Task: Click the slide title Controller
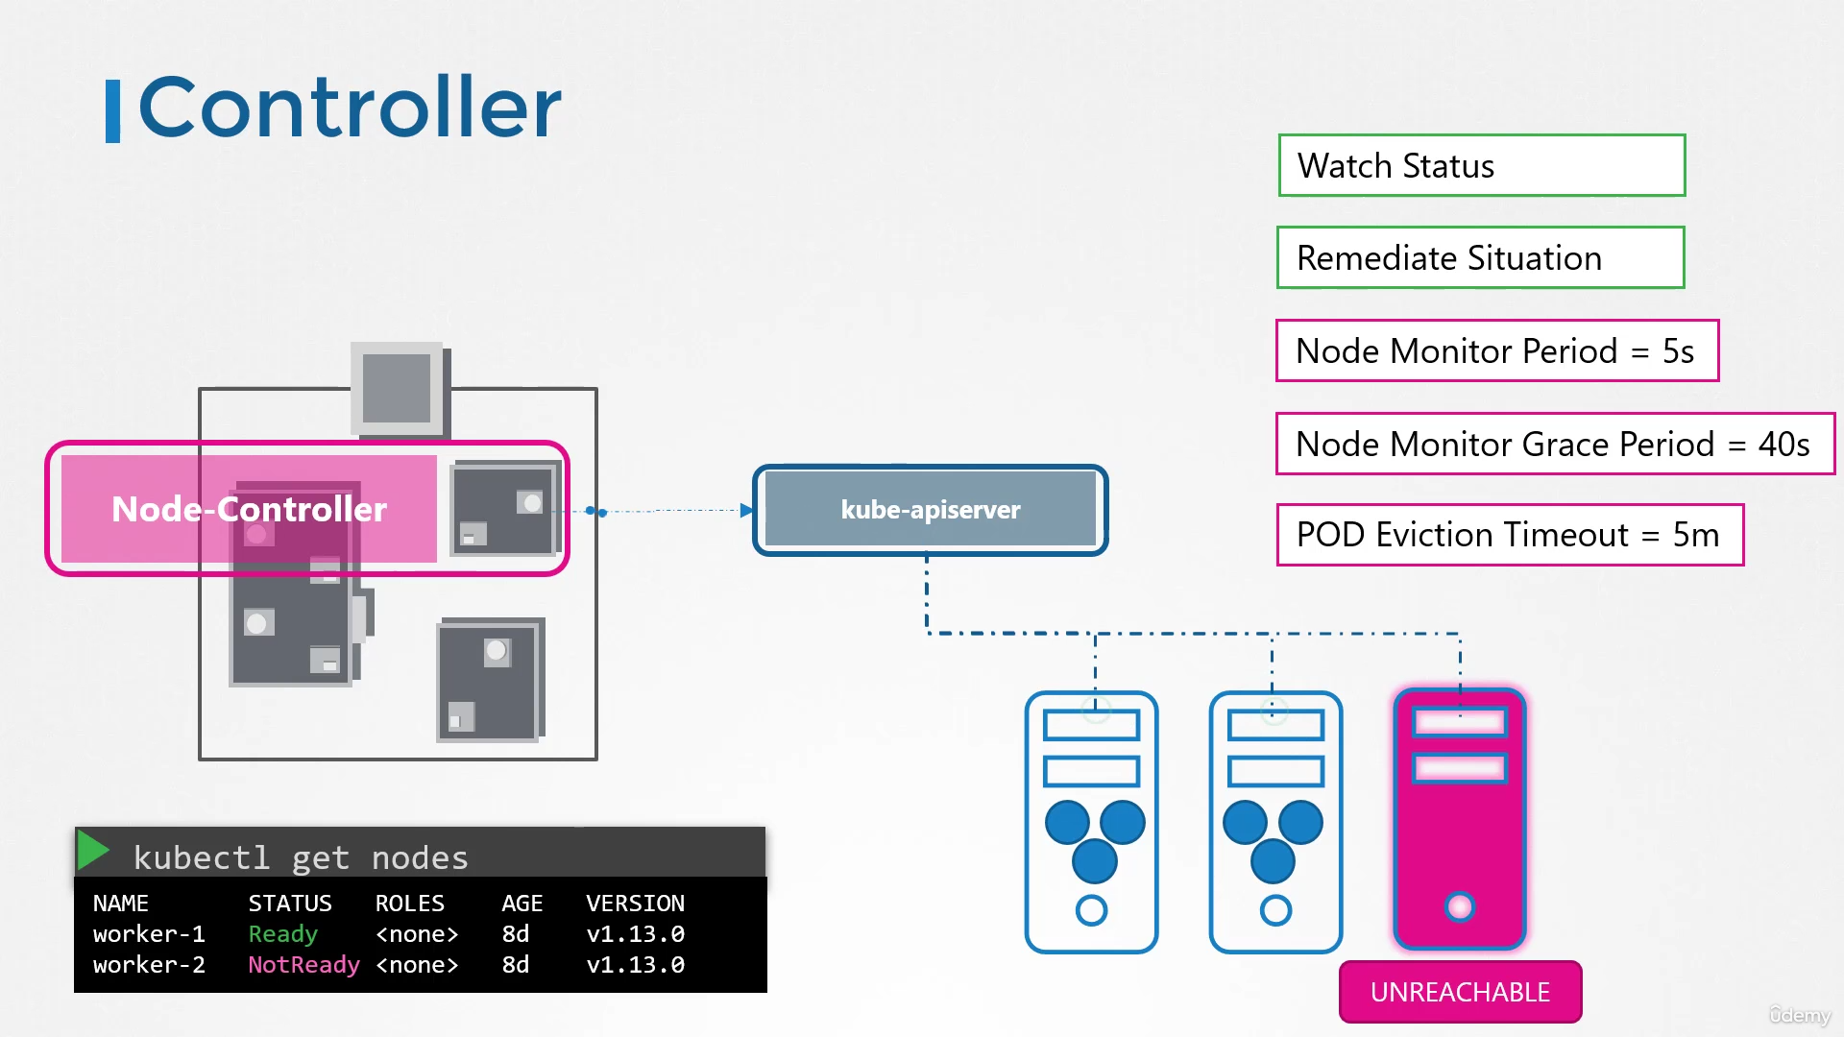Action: [350, 107]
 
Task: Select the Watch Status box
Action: [1481, 165]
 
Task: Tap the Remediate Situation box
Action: [1480, 257]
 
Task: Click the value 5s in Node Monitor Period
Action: [1678, 351]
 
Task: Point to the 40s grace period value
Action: [1783, 445]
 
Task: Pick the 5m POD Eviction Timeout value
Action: [1695, 535]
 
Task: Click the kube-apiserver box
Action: [930, 510]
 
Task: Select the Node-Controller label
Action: [249, 509]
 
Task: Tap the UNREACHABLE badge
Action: [1460, 992]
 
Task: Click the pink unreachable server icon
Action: [1460, 819]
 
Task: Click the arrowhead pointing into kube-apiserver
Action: [746, 510]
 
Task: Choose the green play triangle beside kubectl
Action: [93, 850]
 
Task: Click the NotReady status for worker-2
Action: [303, 964]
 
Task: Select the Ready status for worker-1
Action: [282, 933]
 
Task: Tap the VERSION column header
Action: [635, 904]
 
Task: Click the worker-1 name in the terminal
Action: [149, 933]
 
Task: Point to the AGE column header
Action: [522, 904]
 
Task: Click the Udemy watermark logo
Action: [1799, 1015]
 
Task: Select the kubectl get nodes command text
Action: [301, 857]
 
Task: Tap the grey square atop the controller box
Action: [397, 388]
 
